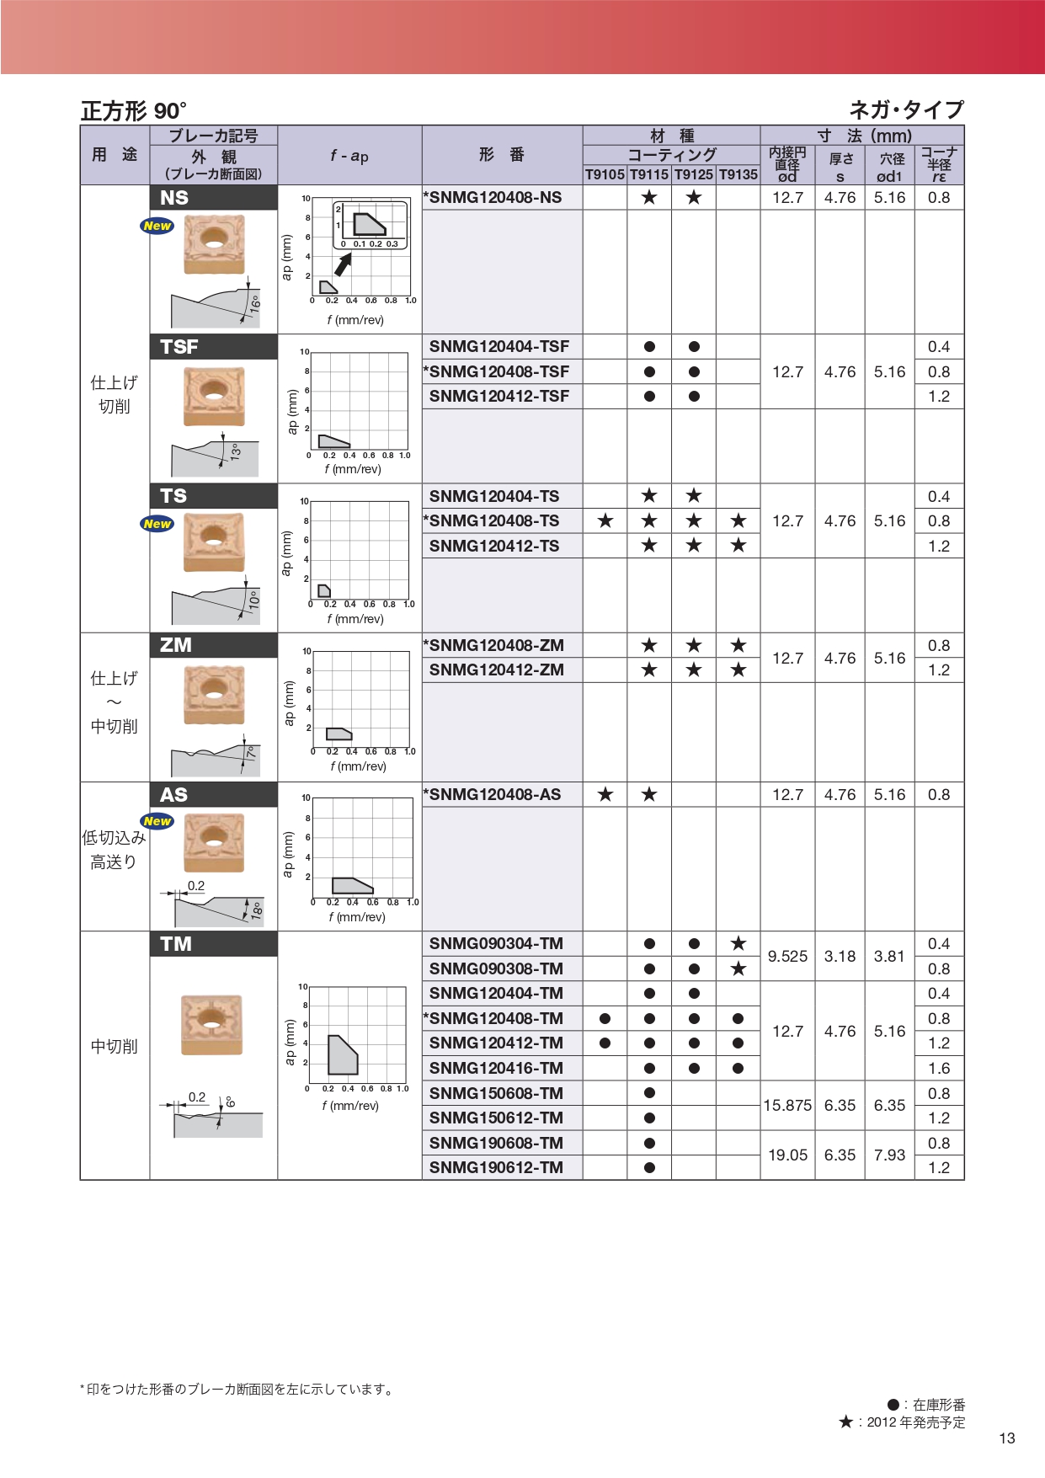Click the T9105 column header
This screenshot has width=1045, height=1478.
[605, 174]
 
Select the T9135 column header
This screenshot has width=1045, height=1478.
[738, 174]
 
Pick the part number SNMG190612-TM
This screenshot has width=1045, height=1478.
[496, 1168]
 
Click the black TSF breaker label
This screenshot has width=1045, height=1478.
[214, 347]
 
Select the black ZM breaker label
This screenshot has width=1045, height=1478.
[214, 645]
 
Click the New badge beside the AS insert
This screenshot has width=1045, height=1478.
[157, 821]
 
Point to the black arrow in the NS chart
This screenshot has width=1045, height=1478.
[343, 264]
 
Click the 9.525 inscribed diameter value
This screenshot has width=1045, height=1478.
[787, 957]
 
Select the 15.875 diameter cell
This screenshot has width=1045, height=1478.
[787, 1106]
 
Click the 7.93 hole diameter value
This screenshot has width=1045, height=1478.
[889, 1155]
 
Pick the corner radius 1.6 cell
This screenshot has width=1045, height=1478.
[939, 1069]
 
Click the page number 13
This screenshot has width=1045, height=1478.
[1007, 1438]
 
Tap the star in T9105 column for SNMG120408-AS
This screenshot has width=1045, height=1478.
[605, 795]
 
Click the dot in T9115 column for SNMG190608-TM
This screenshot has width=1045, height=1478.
[649, 1144]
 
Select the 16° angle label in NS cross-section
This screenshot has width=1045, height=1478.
[255, 304]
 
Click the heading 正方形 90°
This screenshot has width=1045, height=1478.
[133, 111]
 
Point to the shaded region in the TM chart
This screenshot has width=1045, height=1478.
[341, 1056]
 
